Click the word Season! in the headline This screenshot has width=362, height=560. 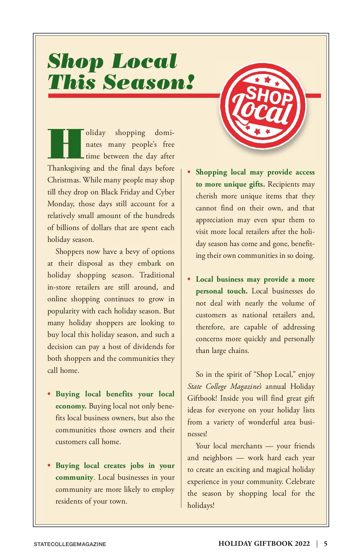pyautogui.click(x=149, y=82)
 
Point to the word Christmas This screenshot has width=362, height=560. pyautogui.click(x=64, y=180)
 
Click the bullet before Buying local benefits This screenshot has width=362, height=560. pyautogui.click(x=49, y=394)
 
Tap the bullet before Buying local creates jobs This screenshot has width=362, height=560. pyautogui.click(x=49, y=466)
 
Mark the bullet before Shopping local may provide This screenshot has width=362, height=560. pyautogui.click(x=189, y=172)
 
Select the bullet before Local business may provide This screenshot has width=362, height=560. pyautogui.click(x=189, y=279)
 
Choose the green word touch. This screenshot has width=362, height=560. pyautogui.click(x=237, y=291)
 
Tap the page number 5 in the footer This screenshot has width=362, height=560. pyautogui.click(x=325, y=544)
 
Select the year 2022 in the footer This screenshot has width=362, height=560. pyautogui.click(x=302, y=544)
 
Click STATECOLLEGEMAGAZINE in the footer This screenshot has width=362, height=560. pyautogui.click(x=70, y=544)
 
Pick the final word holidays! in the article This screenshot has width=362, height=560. pyautogui.click(x=201, y=505)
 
